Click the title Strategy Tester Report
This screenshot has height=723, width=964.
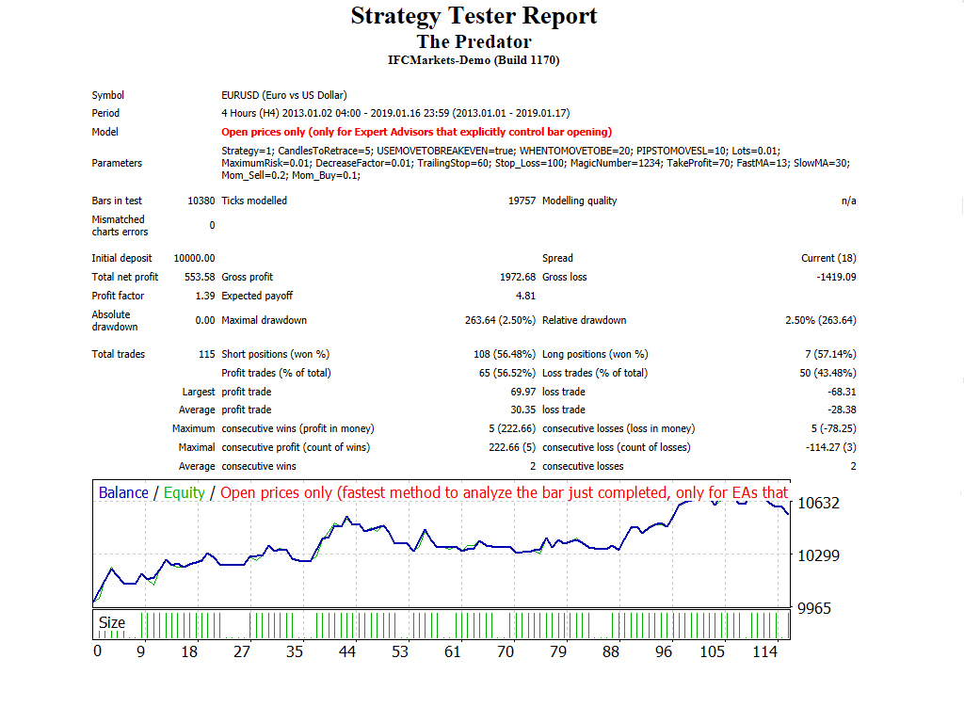coord(474,16)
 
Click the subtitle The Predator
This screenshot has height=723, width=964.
coord(474,41)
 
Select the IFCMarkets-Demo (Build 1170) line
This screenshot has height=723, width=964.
coord(474,60)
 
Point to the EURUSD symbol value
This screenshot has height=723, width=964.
coord(283,95)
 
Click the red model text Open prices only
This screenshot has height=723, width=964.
coord(416,132)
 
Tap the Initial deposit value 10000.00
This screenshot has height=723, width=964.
coord(194,258)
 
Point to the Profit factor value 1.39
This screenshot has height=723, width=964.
coord(205,296)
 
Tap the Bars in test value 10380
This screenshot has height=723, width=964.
coord(201,201)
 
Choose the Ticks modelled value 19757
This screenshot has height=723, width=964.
coord(521,201)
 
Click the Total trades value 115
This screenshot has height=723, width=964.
coord(206,354)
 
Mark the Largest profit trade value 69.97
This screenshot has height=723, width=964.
coord(522,392)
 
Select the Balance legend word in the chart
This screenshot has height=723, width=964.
coord(123,492)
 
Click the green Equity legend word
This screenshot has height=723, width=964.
coord(184,492)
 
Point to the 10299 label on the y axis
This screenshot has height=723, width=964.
coord(819,555)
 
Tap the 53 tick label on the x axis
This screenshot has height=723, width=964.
coord(400,651)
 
